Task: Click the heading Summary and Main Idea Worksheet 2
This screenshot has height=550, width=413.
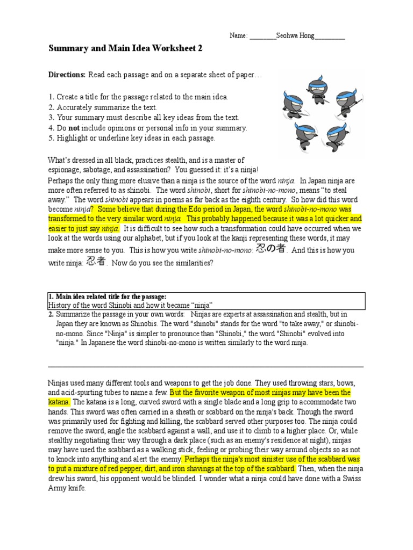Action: [125, 48]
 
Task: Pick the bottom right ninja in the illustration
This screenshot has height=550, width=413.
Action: [340, 129]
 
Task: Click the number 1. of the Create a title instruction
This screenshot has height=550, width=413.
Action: [51, 97]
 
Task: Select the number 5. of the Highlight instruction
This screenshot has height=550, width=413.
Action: [51, 138]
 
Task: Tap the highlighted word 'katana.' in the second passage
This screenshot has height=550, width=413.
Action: [59, 402]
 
